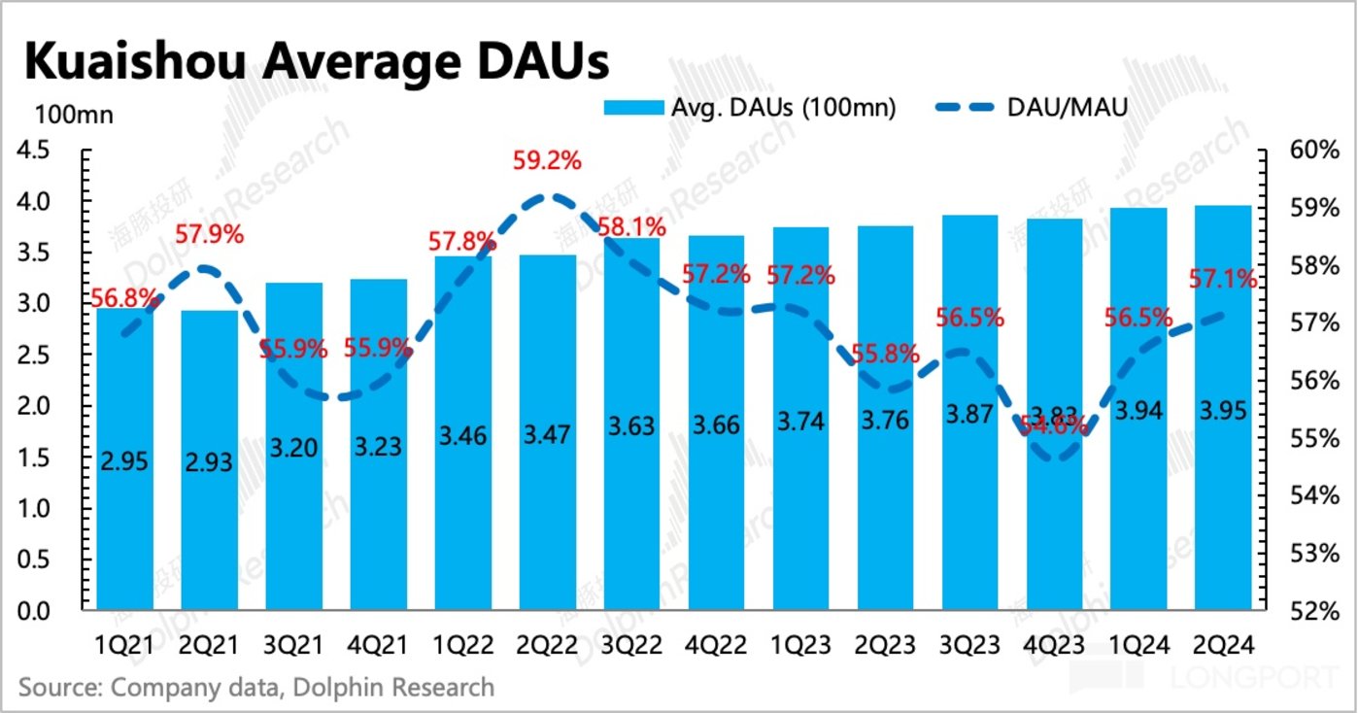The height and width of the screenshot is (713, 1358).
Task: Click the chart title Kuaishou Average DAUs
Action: pyautogui.click(x=316, y=60)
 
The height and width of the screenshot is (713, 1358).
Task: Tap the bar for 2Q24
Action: pyautogui.click(x=1223, y=486)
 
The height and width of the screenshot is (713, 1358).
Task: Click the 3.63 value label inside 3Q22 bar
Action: pyautogui.click(x=631, y=424)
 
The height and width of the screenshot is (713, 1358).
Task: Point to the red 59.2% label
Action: pyautogui.click(x=548, y=160)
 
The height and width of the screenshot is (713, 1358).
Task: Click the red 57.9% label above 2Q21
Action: pyautogui.click(x=210, y=234)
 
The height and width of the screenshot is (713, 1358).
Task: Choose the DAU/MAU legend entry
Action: pyautogui.click(x=1065, y=107)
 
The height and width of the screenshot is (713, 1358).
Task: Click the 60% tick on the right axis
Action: pyautogui.click(x=1307, y=151)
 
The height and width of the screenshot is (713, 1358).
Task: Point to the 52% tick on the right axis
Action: pyautogui.click(x=1307, y=611)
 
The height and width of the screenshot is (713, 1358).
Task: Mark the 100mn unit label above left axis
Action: pyautogui.click(x=74, y=115)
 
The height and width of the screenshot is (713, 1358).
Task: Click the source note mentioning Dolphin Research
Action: pyautogui.click(x=256, y=688)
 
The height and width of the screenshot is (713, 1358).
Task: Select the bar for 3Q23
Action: pyautogui.click(x=969, y=505)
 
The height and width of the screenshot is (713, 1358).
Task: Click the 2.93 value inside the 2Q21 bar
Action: pyautogui.click(x=210, y=462)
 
